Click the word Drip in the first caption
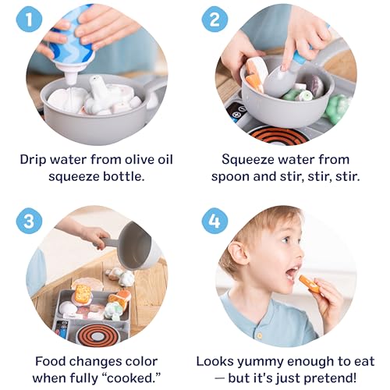[x=35, y=160]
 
